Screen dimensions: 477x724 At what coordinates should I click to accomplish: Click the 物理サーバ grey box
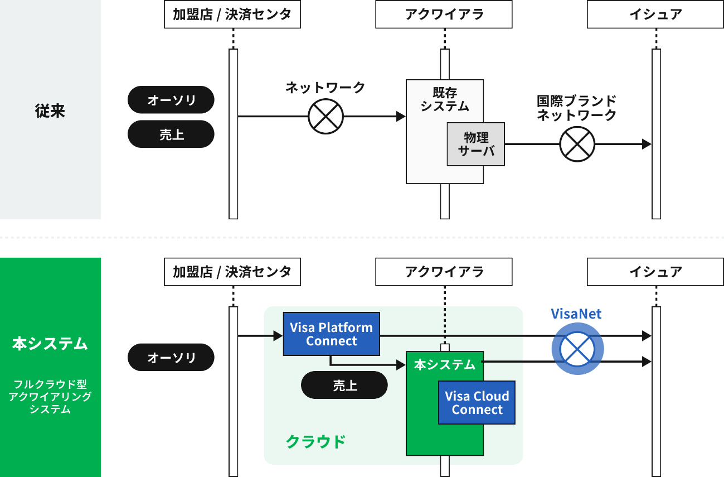click(x=475, y=144)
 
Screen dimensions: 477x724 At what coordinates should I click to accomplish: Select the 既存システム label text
click(x=445, y=99)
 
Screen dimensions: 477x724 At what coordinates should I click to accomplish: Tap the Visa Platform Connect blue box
click(x=332, y=334)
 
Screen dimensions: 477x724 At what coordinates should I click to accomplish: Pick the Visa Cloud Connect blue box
click(x=477, y=403)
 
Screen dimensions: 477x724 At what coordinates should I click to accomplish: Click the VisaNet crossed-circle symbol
click(x=577, y=349)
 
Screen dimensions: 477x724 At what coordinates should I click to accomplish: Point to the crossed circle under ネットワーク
click(x=326, y=117)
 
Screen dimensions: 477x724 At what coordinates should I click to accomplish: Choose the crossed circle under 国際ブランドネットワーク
click(x=577, y=144)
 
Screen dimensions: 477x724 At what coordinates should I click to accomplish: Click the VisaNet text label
click(x=576, y=314)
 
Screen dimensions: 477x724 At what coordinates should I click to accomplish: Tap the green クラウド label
click(x=315, y=442)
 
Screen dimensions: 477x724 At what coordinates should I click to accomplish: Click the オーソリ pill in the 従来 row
click(x=171, y=100)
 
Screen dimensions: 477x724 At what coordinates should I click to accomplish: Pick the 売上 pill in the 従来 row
click(x=171, y=134)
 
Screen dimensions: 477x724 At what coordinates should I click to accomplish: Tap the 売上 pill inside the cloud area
click(x=344, y=385)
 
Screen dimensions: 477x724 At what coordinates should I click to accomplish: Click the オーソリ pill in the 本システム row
click(x=171, y=358)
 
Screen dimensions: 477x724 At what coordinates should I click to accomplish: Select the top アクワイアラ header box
click(x=444, y=15)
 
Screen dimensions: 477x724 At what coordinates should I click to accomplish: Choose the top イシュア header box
click(x=655, y=15)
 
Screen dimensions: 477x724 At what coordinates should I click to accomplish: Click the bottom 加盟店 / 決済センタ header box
click(x=232, y=272)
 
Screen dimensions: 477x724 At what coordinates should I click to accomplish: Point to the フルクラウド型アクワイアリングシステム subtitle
click(x=50, y=397)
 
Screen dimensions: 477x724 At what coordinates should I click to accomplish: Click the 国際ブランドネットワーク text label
click(x=576, y=108)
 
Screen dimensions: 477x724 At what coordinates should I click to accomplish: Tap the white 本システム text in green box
click(x=444, y=365)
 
